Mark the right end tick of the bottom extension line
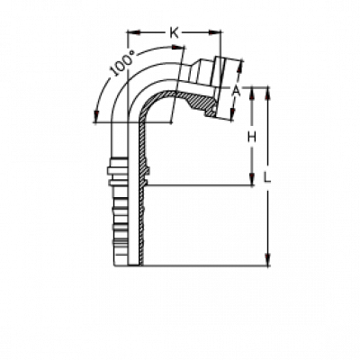(x=268, y=265)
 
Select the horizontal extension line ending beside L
(x=198, y=186)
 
